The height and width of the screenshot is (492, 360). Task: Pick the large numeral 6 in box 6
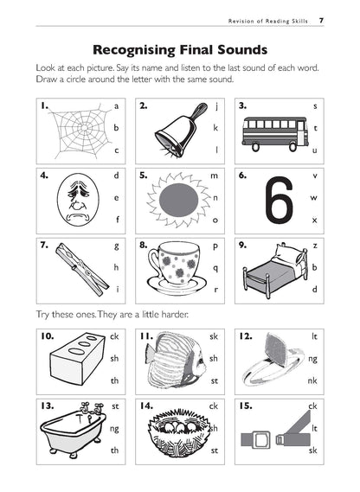tap(276, 200)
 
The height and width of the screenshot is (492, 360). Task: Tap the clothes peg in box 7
tap(66, 267)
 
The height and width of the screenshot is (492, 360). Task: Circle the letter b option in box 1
tap(115, 127)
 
